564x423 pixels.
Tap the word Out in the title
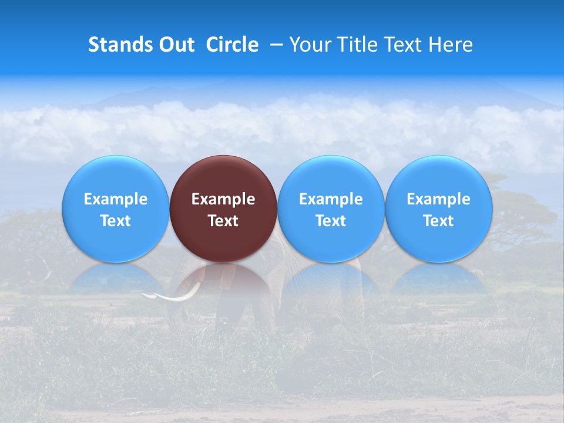click(x=176, y=45)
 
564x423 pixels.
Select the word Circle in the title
click(x=232, y=45)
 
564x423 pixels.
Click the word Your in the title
click(x=310, y=45)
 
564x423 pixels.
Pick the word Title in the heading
click(x=357, y=45)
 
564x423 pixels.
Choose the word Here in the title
click(x=448, y=45)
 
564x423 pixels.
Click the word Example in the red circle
click(x=223, y=199)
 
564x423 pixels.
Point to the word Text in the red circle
click(x=223, y=221)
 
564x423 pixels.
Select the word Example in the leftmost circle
click(x=115, y=199)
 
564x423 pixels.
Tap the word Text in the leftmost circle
click(x=115, y=221)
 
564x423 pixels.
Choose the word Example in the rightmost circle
click(x=439, y=199)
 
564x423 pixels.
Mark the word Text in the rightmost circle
click(x=439, y=221)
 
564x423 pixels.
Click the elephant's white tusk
click(x=170, y=297)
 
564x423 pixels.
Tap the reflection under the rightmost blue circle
click(x=439, y=279)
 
